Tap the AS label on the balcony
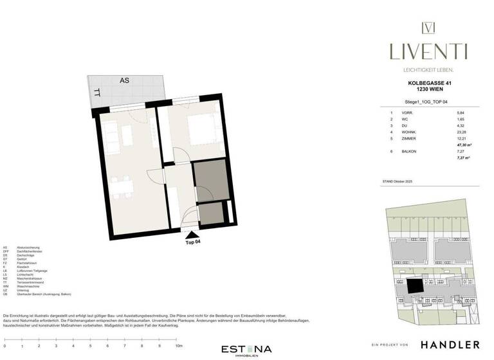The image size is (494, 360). pos(124,80)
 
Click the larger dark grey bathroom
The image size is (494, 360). pos(210,180)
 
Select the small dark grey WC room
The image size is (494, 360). pos(210,213)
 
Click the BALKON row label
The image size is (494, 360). pos(409,152)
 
